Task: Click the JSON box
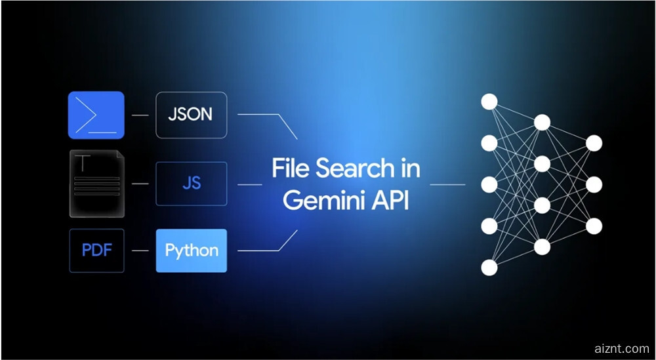(x=191, y=115)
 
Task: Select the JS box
(x=191, y=183)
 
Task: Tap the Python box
(x=191, y=250)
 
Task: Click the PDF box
(x=96, y=250)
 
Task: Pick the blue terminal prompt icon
(x=96, y=115)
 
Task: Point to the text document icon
(x=96, y=183)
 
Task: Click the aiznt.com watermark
(x=618, y=348)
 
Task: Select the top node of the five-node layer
(x=489, y=102)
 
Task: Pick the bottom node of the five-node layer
(x=489, y=268)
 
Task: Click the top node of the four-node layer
(x=542, y=122)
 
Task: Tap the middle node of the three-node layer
(x=594, y=184)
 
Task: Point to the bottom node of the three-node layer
(x=594, y=226)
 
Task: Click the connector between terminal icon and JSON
(x=140, y=115)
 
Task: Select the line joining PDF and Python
(x=140, y=250)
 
